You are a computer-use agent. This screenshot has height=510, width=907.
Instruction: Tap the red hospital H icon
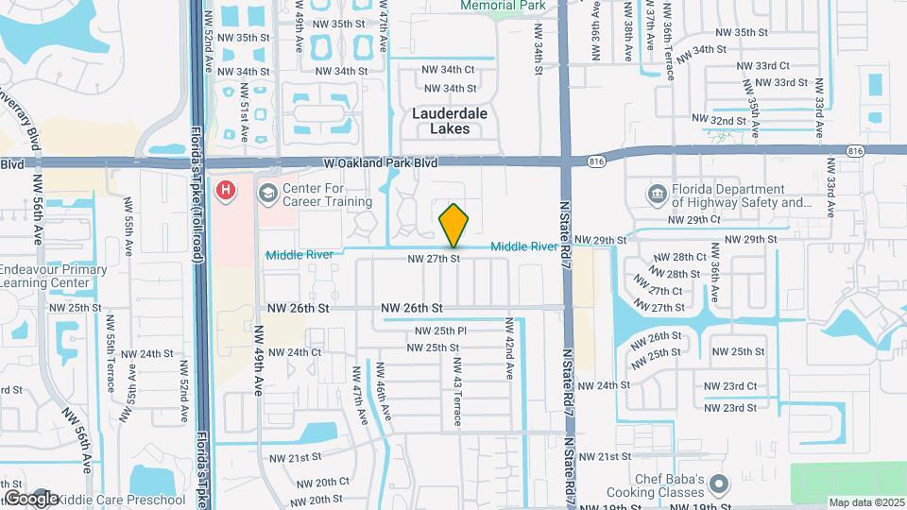pos(226,192)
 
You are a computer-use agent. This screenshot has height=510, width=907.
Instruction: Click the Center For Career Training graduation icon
pos(268,193)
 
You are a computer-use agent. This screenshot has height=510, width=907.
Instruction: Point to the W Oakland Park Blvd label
pos(380,163)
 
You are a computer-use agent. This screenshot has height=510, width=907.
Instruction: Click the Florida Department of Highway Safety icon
pos(658,195)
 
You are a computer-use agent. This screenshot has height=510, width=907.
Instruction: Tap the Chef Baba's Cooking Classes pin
pos(719,486)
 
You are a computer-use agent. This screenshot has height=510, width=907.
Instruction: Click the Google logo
pos(30,498)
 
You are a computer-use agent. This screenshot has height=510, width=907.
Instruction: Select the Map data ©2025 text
pos(866,502)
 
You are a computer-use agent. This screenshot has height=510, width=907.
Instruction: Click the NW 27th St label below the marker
pos(434,258)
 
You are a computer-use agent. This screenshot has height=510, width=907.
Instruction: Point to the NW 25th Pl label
pos(441,331)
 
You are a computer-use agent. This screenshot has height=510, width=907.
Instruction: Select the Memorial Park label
pos(503,6)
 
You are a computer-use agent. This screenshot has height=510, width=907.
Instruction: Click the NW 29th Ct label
pos(693,219)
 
